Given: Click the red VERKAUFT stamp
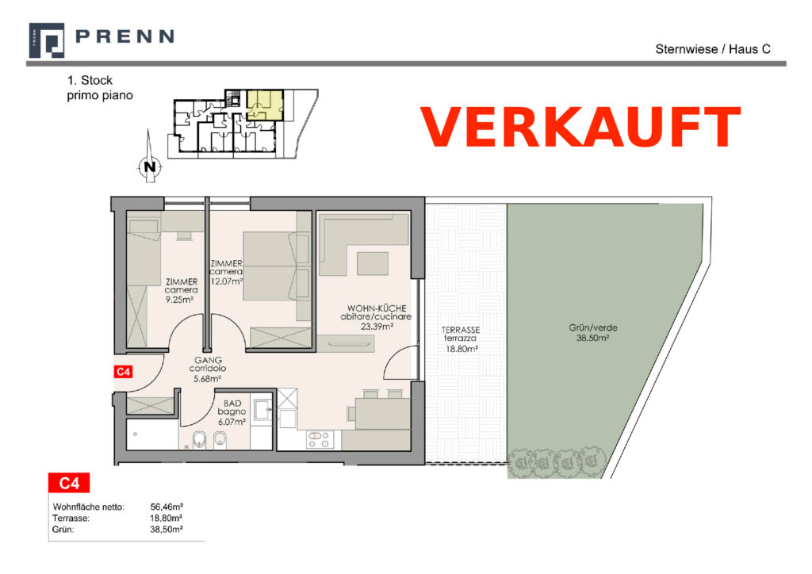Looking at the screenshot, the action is coord(581,128).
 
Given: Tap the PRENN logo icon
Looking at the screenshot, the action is coord(47,40).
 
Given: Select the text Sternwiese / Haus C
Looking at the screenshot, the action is coord(713,49).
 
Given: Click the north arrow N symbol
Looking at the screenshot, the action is coord(150,166).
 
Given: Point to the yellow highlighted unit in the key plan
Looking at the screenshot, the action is coord(265,105).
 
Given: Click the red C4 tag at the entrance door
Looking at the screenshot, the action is coord(123,372).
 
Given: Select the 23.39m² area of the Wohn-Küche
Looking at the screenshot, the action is coord(377,327).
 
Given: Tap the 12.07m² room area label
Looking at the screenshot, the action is coord(227,281).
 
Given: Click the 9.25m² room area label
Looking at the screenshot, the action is coord(179,299).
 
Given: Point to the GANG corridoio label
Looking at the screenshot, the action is coord(208,369).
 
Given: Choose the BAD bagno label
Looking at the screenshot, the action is coord(232,412).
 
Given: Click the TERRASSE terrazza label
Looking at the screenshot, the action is coord(461,339).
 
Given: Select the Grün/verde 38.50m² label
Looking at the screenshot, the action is coord(593,332).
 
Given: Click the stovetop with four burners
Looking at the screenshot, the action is coord(320,439).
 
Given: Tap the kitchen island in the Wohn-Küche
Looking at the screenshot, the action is coord(373,263).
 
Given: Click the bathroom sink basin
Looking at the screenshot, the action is coord(262,409).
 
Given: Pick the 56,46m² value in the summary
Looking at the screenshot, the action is coord(167,507).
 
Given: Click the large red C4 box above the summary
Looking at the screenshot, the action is coord(69,483).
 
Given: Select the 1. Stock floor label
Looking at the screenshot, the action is coord(90,80).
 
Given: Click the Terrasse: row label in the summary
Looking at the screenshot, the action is coord(71,518).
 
